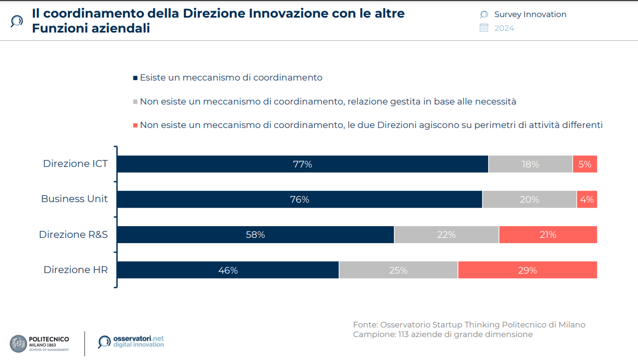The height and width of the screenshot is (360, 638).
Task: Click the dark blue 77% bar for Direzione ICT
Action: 302,164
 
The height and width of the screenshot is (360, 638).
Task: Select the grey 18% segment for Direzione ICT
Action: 530,164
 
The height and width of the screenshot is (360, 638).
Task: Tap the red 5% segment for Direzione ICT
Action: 585,164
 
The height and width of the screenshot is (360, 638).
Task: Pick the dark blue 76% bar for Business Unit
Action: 300,199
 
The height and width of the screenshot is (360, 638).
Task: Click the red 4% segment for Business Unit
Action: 587,199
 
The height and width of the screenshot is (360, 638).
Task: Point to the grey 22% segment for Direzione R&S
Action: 446,235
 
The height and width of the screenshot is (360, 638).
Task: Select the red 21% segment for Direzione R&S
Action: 548,235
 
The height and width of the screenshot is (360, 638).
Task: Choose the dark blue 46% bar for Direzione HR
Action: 228,270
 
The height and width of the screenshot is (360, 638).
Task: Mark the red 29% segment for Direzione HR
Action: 527,270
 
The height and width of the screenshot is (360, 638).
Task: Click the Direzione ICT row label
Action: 75,164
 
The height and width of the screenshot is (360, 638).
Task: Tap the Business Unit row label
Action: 74,199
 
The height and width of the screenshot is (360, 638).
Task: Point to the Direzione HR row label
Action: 75,270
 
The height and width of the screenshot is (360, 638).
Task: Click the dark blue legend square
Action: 135,78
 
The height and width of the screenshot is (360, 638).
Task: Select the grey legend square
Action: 135,102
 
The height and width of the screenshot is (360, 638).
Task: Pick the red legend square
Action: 135,125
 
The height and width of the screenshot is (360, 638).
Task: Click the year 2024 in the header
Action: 504,28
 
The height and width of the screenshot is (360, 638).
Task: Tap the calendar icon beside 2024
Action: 484,28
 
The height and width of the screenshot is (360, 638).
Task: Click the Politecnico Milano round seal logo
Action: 18,343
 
